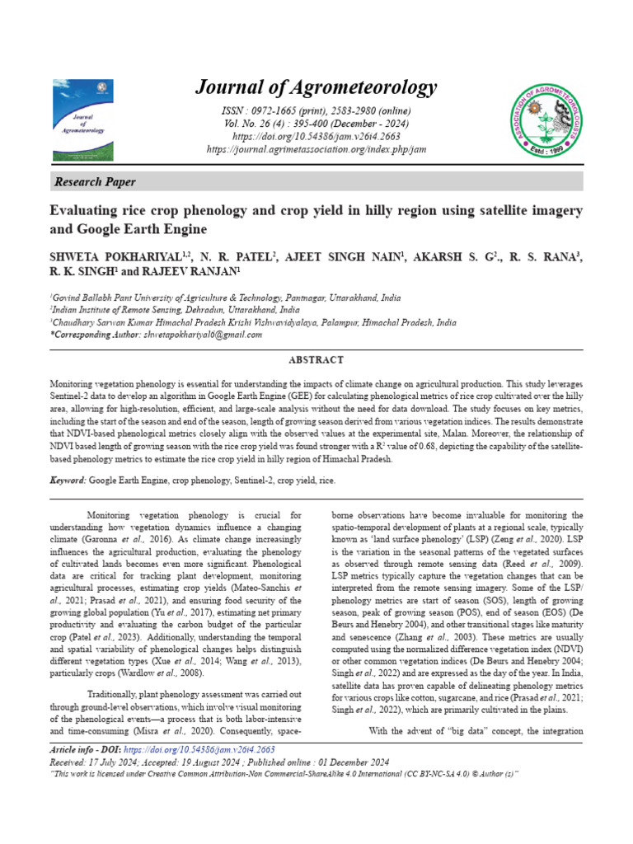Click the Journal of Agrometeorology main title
(316, 87)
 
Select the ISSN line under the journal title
(316, 110)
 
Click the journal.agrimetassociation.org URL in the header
(316, 149)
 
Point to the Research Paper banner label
(95, 181)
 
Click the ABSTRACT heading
(316, 360)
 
